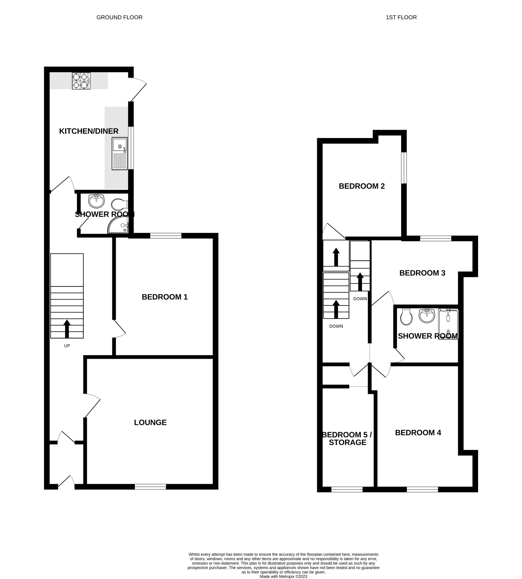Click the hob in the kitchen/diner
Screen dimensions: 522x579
click(81, 81)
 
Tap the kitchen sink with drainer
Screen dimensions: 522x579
click(120, 154)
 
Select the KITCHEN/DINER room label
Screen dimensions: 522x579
click(89, 131)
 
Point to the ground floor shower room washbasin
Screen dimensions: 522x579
click(96, 201)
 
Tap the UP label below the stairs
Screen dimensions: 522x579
click(67, 346)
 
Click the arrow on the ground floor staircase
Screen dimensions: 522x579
click(67, 329)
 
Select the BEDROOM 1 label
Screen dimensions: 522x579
click(165, 297)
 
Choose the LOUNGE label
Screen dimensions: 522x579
click(150, 422)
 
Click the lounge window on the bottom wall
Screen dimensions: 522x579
click(150, 487)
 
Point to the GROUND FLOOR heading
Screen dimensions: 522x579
click(119, 17)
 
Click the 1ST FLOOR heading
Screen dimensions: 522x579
click(401, 17)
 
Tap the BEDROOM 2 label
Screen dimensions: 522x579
click(362, 186)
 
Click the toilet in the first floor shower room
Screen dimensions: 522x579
click(406, 317)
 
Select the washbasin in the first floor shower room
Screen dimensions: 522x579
click(427, 316)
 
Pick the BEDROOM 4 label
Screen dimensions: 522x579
click(418, 433)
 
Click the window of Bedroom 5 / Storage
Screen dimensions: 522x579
click(347, 489)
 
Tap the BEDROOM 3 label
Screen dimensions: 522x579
click(422, 273)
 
